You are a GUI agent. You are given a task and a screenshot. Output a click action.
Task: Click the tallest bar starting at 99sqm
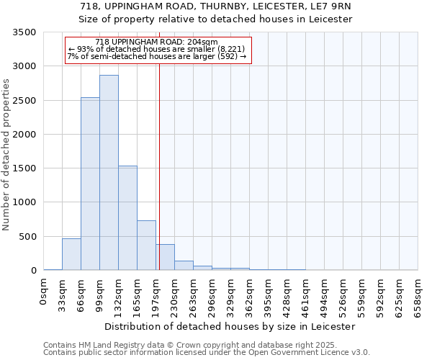109,173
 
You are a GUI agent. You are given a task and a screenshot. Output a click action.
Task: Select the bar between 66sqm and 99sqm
90,184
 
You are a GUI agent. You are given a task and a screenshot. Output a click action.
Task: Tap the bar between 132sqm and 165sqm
127,218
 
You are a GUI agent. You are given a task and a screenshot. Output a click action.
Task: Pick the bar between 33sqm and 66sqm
71,254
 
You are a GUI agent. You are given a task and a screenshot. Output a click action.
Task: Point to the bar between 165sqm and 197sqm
146,246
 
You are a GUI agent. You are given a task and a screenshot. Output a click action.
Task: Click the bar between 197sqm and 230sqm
165,258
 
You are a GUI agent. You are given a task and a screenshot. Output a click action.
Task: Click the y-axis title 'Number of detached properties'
6,151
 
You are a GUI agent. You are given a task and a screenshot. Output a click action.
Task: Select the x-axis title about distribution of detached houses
230,326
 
